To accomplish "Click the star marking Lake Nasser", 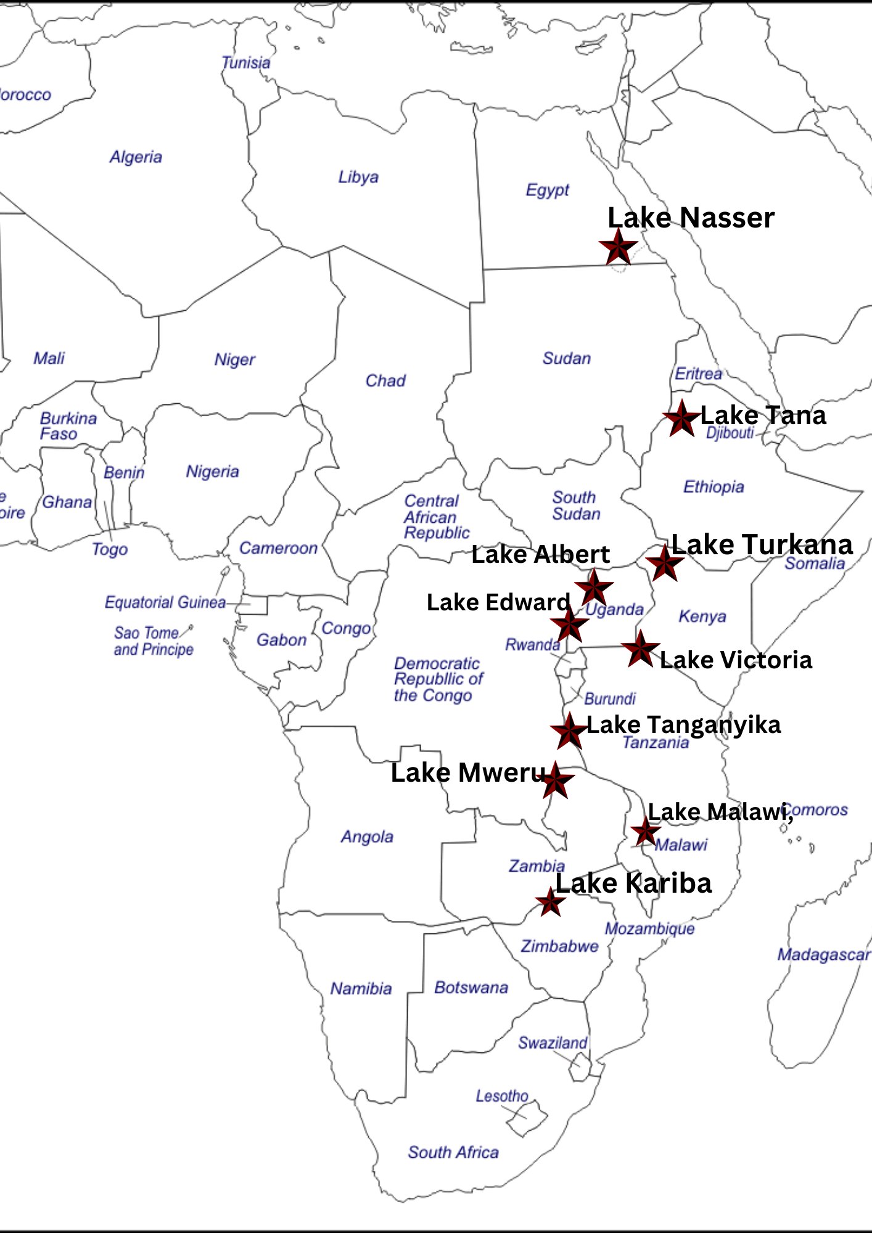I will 618,247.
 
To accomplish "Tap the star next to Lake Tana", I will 681,418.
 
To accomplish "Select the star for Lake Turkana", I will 664,562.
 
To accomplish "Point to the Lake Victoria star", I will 640,648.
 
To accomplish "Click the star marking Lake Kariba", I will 550,903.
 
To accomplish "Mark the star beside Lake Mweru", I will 556,780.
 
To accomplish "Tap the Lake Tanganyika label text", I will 683,724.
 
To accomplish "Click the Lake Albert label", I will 540,554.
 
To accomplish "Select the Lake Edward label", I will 498,602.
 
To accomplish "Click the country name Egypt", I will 547,190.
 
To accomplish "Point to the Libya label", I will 358,178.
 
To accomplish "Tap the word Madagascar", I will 823,955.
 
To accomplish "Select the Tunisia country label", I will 245,63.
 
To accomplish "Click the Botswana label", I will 471,988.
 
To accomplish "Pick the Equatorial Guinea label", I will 165,602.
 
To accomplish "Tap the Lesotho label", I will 502,1096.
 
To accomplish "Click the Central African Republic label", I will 436,517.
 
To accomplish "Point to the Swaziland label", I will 553,1043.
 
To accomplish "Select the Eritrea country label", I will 698,374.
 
